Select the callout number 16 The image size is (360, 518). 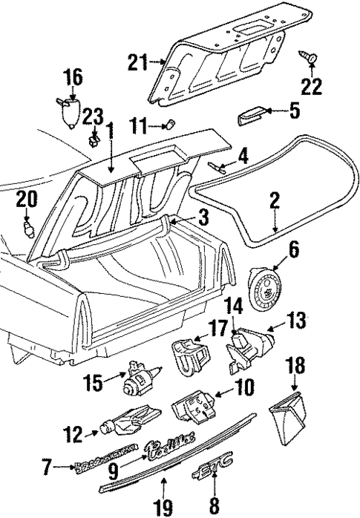[73, 77]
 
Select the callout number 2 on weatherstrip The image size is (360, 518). [274, 200]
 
